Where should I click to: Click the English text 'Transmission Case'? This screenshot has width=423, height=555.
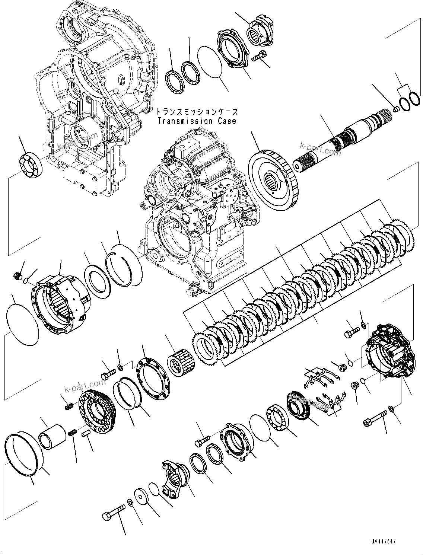(x=197, y=121)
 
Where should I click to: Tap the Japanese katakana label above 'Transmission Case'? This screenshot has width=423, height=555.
(x=197, y=112)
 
